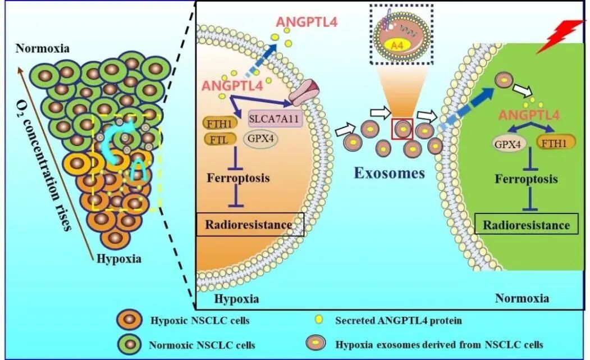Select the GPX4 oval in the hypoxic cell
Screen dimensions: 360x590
pos(260,140)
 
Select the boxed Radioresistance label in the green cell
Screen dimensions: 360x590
pos(527,225)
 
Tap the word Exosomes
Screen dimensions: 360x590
pos(390,172)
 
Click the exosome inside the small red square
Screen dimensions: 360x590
pos(402,128)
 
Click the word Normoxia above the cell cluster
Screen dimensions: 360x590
pos(43,49)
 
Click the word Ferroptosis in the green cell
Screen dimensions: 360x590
pos(526,179)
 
